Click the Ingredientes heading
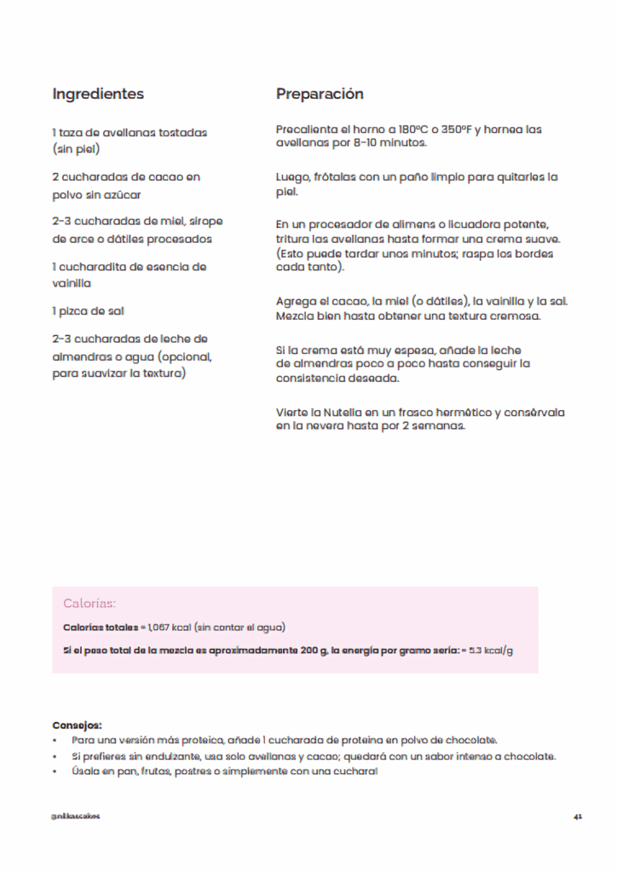98,94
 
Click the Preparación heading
320,94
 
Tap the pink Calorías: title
89,604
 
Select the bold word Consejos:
77,724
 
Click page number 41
577,816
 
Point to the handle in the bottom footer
76,816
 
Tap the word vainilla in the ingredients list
72,283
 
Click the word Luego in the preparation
292,177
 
